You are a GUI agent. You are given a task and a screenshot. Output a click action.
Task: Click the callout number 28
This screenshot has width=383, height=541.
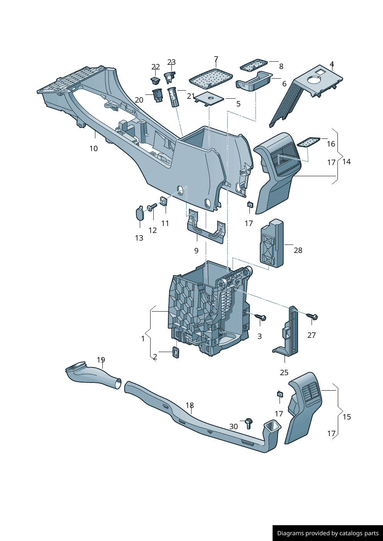(x=298, y=250)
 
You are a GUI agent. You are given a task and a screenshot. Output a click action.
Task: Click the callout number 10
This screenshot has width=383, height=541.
(x=93, y=148)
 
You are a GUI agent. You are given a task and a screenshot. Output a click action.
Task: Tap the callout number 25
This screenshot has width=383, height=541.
(x=284, y=372)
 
